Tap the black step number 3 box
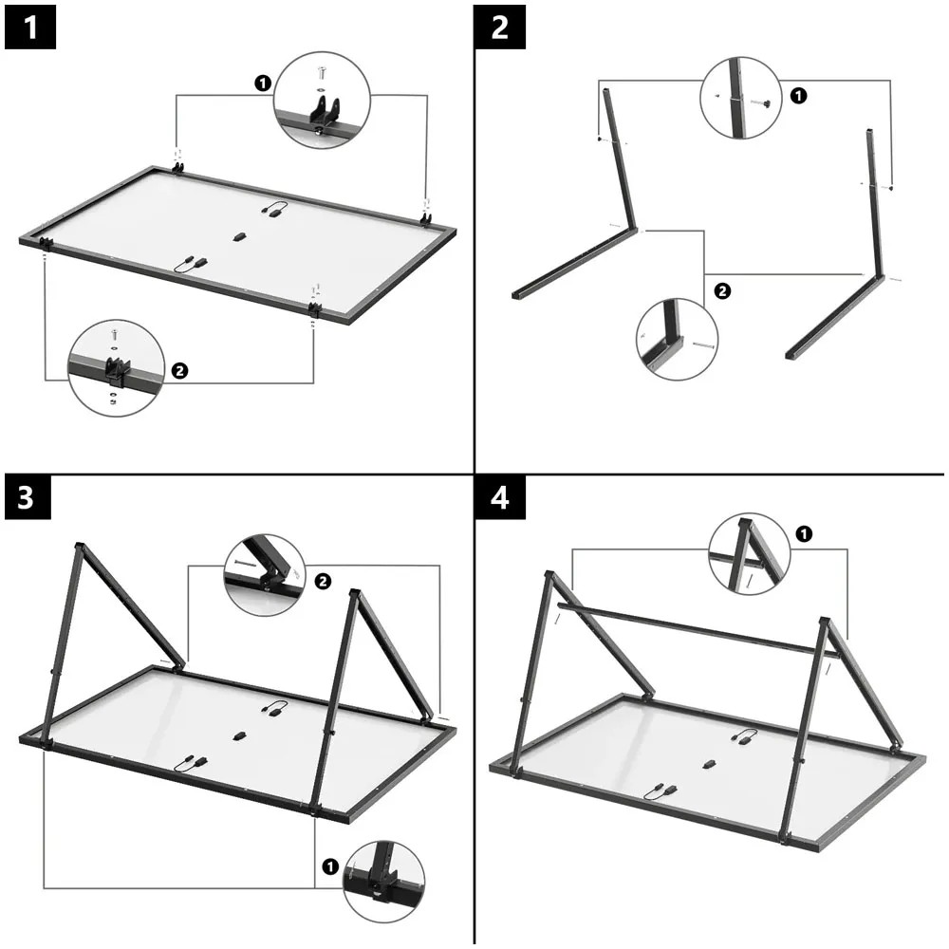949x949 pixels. pos(30,499)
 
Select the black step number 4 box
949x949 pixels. pos(500,499)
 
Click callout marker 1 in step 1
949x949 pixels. pos(262,84)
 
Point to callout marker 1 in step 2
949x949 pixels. pos(798,95)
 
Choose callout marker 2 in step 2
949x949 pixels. pos(722,291)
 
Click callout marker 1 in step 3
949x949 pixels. pos(329,866)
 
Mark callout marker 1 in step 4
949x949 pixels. pos(804,534)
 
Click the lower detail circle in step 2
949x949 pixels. pos(677,340)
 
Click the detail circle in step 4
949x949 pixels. pos(749,555)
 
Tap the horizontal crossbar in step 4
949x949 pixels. pos(693,627)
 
